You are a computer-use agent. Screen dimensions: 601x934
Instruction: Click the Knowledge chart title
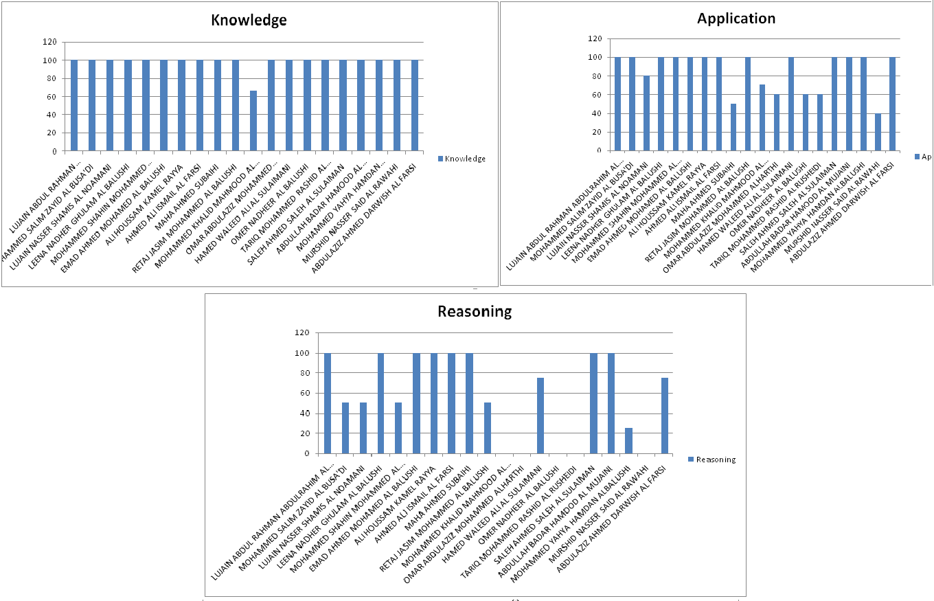(248, 21)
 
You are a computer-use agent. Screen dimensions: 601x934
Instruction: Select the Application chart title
(736, 18)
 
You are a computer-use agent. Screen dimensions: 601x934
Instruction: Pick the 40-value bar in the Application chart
(878, 132)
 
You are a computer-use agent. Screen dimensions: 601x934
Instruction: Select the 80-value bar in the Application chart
(646, 113)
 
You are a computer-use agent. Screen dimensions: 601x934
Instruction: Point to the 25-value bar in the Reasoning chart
(628, 441)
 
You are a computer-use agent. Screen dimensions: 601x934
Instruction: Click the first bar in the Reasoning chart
(328, 403)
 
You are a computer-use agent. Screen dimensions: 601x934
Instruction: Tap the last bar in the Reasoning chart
(664, 416)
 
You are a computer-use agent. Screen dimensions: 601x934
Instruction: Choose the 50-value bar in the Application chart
(733, 127)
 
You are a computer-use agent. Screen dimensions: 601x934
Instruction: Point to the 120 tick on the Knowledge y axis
(50, 43)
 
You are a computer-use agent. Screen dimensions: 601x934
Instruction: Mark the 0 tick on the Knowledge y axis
(54, 151)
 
